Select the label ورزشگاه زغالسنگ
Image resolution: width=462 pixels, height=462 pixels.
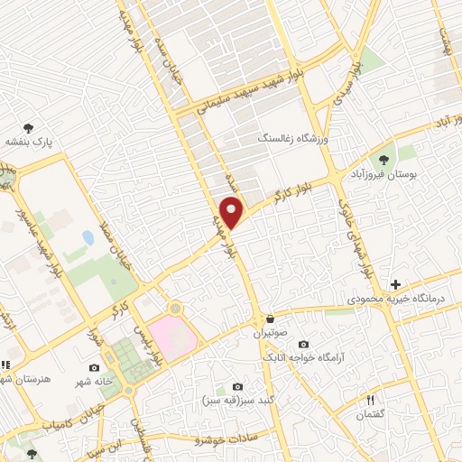click(x=288, y=138)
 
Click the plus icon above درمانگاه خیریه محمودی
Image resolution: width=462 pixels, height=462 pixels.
click(x=395, y=284)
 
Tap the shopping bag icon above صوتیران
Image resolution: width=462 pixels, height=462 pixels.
click(x=270, y=319)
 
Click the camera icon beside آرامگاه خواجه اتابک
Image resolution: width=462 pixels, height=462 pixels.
click(x=302, y=344)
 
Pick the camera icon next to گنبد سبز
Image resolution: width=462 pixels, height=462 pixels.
click(x=237, y=387)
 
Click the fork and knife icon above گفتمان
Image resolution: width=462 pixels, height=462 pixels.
click(x=369, y=400)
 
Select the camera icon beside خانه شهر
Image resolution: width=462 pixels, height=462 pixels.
click(x=95, y=368)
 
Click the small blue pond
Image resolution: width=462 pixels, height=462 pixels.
click(x=88, y=238)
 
